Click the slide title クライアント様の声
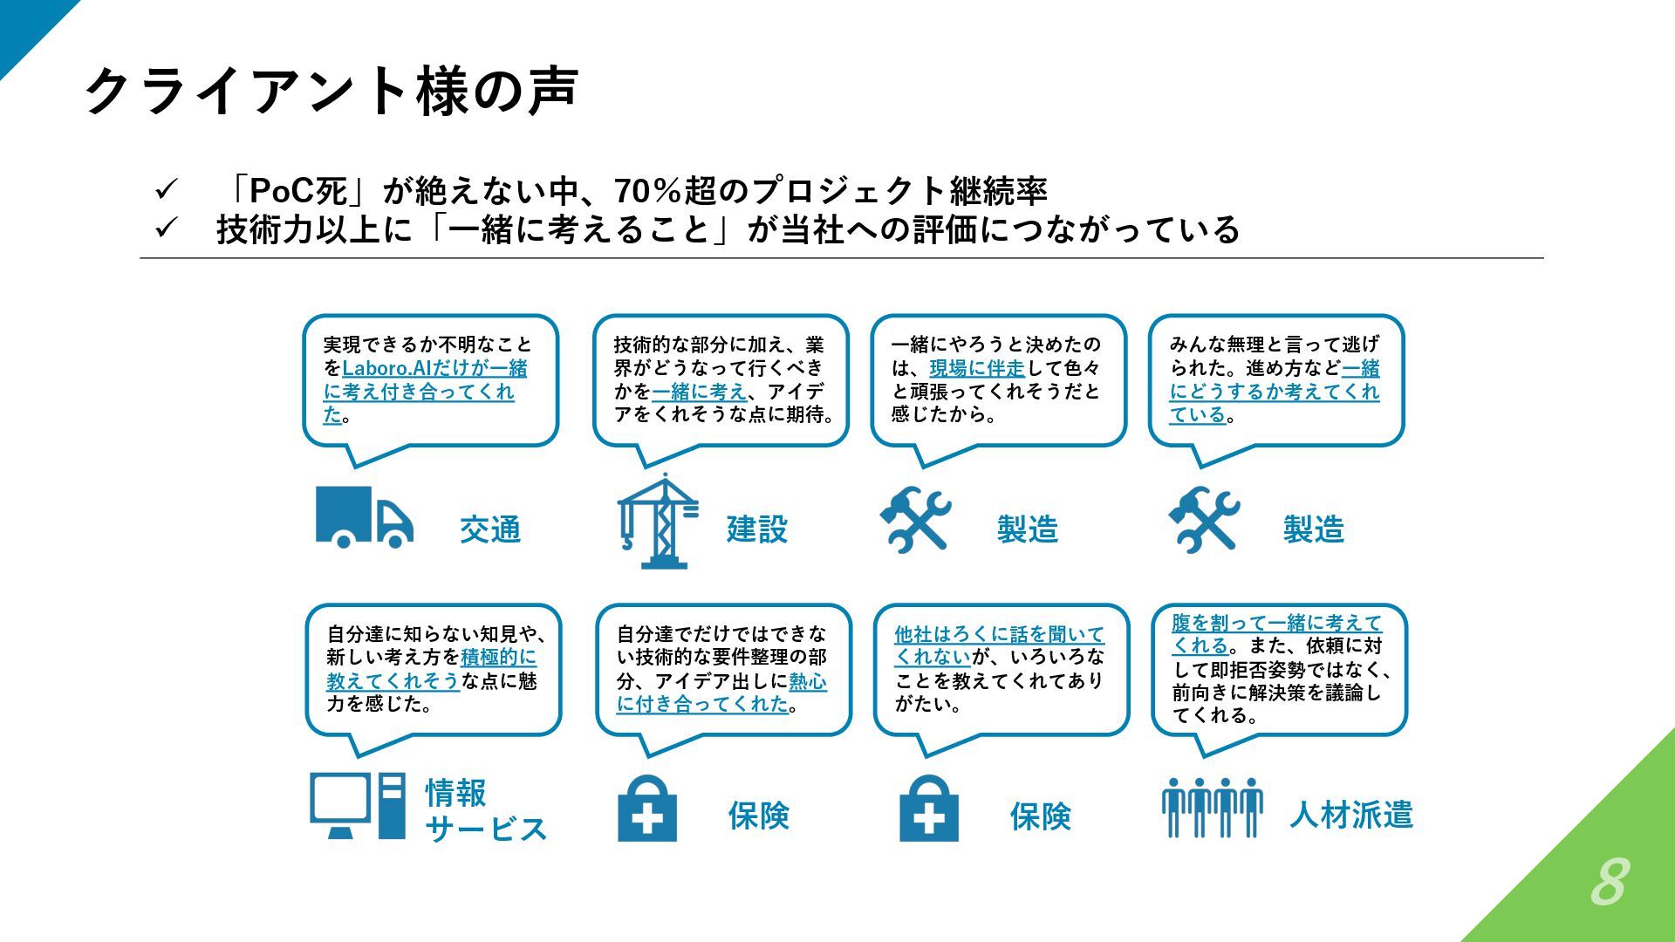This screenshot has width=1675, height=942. (332, 91)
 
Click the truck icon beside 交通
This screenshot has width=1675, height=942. (364, 517)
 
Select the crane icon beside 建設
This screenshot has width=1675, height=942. (658, 522)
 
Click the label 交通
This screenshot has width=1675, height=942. (490, 529)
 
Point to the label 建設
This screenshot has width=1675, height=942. (757, 529)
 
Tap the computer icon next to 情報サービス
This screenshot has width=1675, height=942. (358, 806)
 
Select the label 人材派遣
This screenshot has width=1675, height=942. (1350, 815)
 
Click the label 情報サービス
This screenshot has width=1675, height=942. (485, 811)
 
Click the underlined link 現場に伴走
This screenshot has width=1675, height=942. (977, 368)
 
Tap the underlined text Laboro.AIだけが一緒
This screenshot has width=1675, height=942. (434, 368)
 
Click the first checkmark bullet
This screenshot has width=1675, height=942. (166, 189)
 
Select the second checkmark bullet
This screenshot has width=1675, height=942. (166, 229)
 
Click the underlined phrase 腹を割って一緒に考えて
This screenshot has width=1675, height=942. (1276, 623)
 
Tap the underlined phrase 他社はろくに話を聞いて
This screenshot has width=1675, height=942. (999, 634)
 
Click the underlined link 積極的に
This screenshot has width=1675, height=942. (499, 657)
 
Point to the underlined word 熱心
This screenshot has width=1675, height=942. (808, 681)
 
